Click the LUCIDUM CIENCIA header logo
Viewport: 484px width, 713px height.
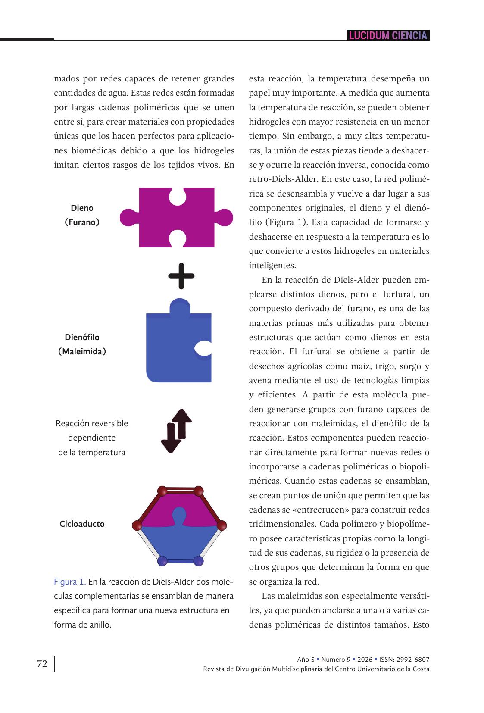point(388,35)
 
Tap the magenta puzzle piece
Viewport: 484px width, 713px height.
point(177,218)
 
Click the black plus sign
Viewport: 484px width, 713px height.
point(181,276)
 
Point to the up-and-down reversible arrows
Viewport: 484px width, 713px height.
point(176,431)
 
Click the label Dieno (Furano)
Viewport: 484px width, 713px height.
point(82,215)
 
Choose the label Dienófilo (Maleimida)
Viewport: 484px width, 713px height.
point(82,344)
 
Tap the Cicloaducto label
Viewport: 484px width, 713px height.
point(82,524)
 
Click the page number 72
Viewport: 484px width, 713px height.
point(42,663)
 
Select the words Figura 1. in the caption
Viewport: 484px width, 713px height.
point(70,582)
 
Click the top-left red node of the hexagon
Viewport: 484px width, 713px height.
point(162,491)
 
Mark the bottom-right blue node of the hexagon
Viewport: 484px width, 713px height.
point(198,561)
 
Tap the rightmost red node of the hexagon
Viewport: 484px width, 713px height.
point(221,525)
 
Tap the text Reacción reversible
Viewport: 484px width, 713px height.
point(92,424)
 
